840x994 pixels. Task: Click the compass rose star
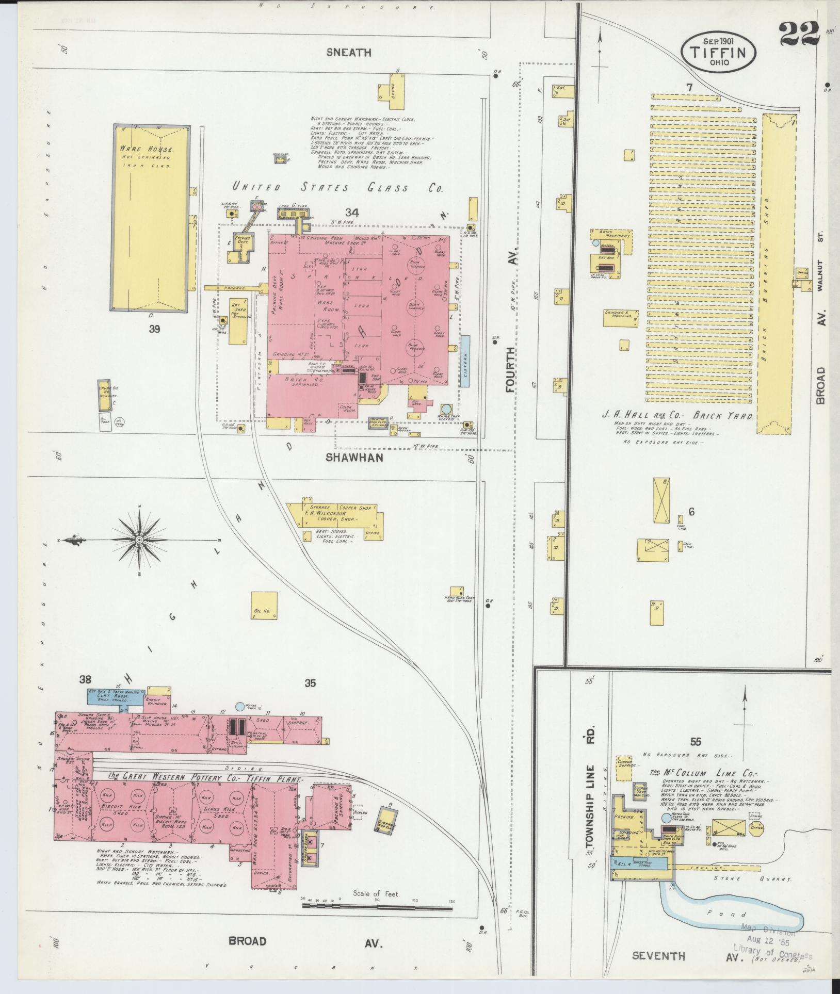coord(139,540)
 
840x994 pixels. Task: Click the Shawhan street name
coord(354,458)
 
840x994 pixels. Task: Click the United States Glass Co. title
coord(336,188)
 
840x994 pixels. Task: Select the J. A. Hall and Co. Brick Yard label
coord(677,416)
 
